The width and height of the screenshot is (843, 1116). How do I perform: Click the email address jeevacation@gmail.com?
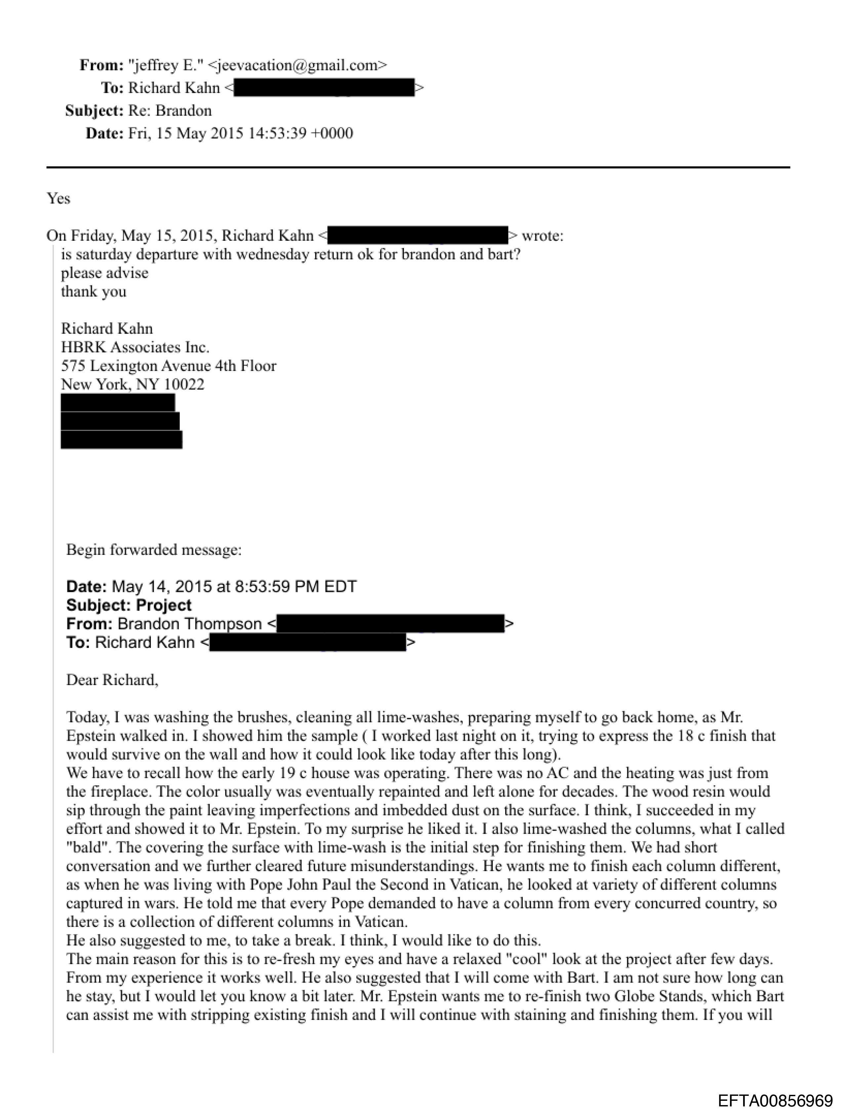click(x=297, y=65)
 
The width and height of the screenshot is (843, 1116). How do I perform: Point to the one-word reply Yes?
click(x=59, y=198)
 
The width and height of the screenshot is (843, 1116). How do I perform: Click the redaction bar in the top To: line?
click(x=324, y=88)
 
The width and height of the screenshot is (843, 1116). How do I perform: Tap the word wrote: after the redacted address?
click(x=542, y=236)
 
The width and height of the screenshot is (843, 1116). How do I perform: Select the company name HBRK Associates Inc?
click(x=135, y=347)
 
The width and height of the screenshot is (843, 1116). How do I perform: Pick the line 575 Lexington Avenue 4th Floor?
click(x=169, y=366)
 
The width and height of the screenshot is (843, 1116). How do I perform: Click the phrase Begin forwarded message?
click(x=154, y=550)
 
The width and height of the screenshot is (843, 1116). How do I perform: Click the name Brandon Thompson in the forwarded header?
click(x=190, y=624)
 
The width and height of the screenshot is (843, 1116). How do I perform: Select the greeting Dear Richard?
click(x=112, y=680)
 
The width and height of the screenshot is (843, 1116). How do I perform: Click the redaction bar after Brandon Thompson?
click(x=390, y=624)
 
